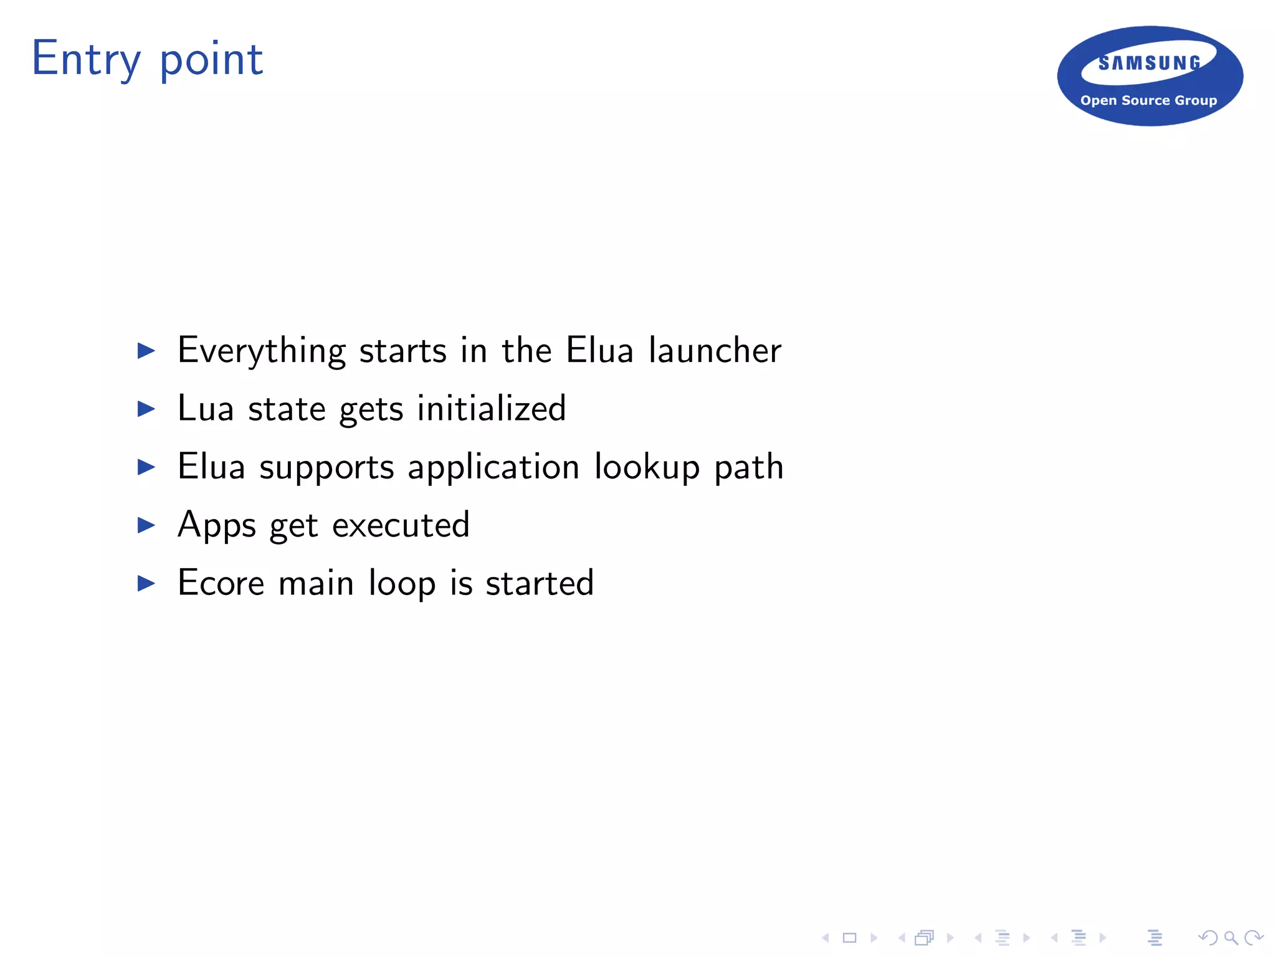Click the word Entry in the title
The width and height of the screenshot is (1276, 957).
[86, 59]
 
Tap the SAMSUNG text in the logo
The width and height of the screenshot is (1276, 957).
[1150, 63]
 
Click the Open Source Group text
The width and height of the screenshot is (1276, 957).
[1148, 100]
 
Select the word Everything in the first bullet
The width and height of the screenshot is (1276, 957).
[261, 351]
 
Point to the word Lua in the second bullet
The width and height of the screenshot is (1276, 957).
[206, 408]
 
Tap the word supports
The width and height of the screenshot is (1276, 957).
[326, 467]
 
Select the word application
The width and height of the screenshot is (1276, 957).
[493, 467]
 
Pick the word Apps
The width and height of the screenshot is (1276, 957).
[217, 525]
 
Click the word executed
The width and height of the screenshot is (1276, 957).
[401, 525]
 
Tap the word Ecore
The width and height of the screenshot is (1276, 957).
[221, 583]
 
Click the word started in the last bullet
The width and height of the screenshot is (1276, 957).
[540, 583]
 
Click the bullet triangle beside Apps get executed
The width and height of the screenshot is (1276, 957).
[146, 525]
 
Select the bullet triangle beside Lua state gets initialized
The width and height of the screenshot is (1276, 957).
[146, 409]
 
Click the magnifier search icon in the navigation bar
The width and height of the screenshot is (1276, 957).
[1231, 938]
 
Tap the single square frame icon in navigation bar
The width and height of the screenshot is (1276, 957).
[849, 938]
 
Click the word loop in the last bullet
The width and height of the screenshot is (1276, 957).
[402, 584]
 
